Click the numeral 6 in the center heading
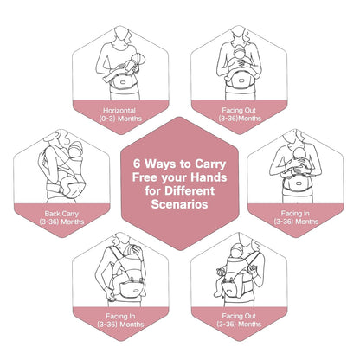[137, 161]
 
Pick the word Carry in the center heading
[207, 161]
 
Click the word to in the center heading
[182, 161]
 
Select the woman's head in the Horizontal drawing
[120, 38]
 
